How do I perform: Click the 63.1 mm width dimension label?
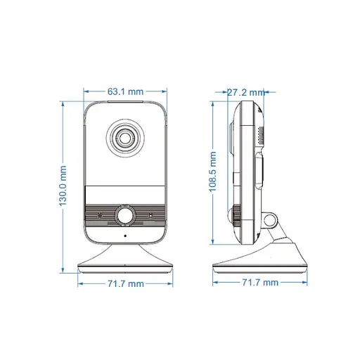126,91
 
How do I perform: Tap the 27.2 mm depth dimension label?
245,91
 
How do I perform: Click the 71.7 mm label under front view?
126,283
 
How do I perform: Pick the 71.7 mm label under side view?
260,283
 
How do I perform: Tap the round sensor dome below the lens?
126,214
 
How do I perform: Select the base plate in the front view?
125,264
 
